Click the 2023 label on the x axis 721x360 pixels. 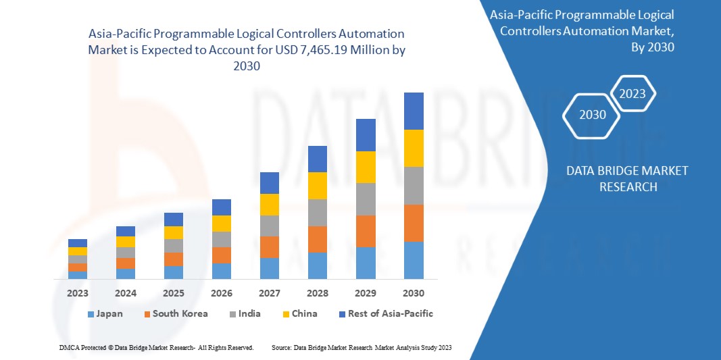(x=78, y=293)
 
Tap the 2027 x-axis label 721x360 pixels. (x=270, y=293)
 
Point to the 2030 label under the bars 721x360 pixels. (x=414, y=293)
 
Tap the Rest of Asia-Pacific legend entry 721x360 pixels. (x=386, y=314)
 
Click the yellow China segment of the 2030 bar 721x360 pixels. (x=414, y=148)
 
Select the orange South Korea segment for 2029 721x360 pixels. (x=366, y=231)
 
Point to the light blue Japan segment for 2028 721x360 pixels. (x=318, y=265)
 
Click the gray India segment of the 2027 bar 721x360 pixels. (x=270, y=226)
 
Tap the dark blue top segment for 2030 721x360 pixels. (x=414, y=111)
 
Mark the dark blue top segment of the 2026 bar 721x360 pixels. (x=222, y=207)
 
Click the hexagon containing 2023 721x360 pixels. (x=632, y=94)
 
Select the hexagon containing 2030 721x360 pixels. (x=593, y=114)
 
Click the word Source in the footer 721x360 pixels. (x=280, y=347)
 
